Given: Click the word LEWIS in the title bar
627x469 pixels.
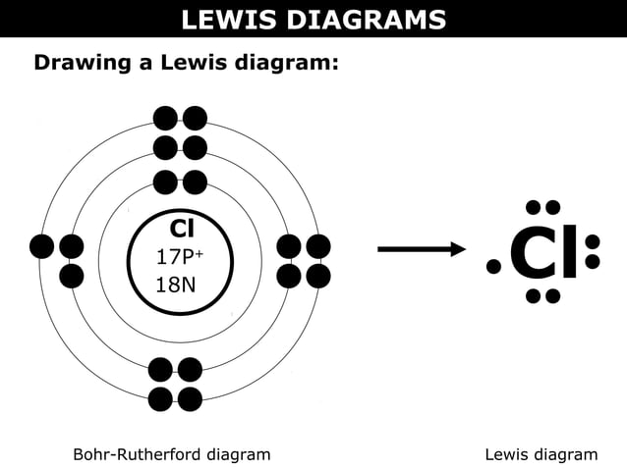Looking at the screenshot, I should pyautogui.click(x=226, y=19).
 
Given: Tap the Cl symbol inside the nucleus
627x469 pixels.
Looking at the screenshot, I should pyautogui.click(x=181, y=229).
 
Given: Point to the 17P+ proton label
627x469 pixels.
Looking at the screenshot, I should pyautogui.click(x=179, y=257).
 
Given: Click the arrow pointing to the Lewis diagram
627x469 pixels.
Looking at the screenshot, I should pyautogui.click(x=422, y=250).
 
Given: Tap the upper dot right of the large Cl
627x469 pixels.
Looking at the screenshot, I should pyautogui.click(x=593, y=241).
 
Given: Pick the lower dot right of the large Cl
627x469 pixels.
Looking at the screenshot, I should pyautogui.click(x=593, y=262).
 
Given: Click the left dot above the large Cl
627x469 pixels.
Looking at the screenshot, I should pyautogui.click(x=536, y=208).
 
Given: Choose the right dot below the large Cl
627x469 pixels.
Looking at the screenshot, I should pyautogui.click(x=553, y=295).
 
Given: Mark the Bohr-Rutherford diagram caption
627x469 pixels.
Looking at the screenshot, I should pyautogui.click(x=172, y=454).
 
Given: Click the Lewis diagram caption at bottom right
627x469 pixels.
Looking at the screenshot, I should pyautogui.click(x=541, y=454).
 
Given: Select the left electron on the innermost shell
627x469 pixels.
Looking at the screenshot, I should pyautogui.click(x=165, y=182).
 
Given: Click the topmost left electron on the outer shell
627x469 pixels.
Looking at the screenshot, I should pyautogui.click(x=165, y=119).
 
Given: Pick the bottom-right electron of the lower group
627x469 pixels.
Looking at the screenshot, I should pyautogui.click(x=190, y=399).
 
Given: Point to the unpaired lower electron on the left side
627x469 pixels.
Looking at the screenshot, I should pyautogui.click(x=72, y=276).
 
